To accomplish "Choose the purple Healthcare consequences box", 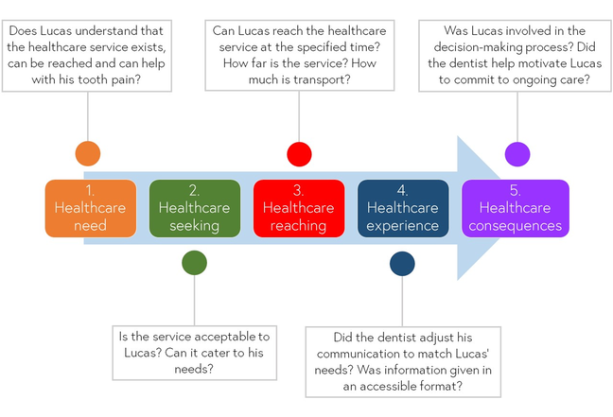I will pyautogui.click(x=515, y=208).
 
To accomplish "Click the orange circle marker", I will pyautogui.click(x=87, y=153).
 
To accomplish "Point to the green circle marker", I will pyautogui.click(x=194, y=263).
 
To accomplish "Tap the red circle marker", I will pyautogui.click(x=299, y=153).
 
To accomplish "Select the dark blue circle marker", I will pyautogui.click(x=402, y=263).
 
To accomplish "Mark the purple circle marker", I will pyautogui.click(x=517, y=153).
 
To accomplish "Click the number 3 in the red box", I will pyautogui.click(x=298, y=190).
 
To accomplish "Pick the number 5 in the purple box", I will pyautogui.click(x=515, y=190).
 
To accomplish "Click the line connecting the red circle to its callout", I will pyautogui.click(x=299, y=118).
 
